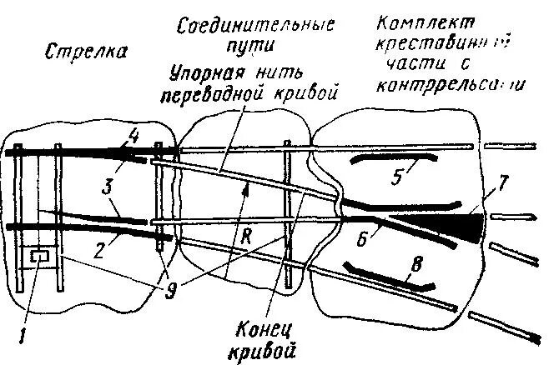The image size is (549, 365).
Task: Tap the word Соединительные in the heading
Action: coord(257,25)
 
